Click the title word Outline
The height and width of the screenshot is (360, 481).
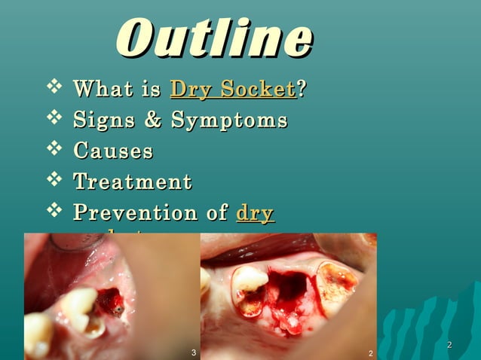point(214,38)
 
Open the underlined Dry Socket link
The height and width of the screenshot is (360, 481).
point(232,90)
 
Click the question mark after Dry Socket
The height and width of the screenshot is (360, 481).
point(302,90)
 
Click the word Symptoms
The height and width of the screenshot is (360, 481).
point(228,121)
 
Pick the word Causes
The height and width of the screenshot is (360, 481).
point(113,151)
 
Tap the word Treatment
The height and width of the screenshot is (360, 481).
point(132,182)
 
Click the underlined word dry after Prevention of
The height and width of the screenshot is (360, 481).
point(255,214)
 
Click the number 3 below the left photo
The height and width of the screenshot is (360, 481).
point(194,352)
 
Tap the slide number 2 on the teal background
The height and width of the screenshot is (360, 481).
point(449,345)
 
